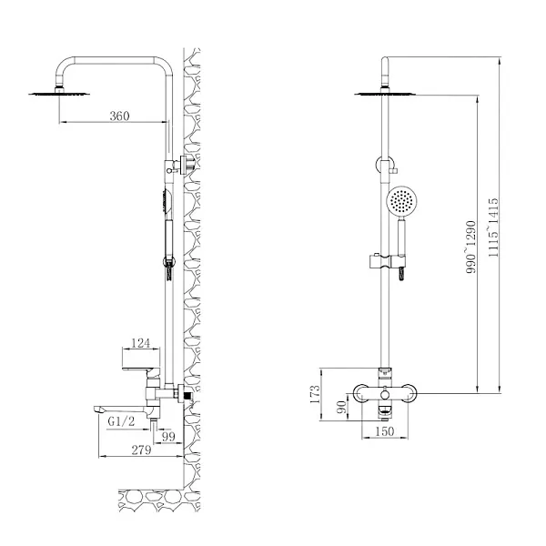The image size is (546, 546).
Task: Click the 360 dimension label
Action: tap(118, 116)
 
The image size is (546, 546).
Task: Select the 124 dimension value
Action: tap(140, 343)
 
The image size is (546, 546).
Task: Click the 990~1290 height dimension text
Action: tap(470, 247)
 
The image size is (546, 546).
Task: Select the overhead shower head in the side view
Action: tap(59, 91)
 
